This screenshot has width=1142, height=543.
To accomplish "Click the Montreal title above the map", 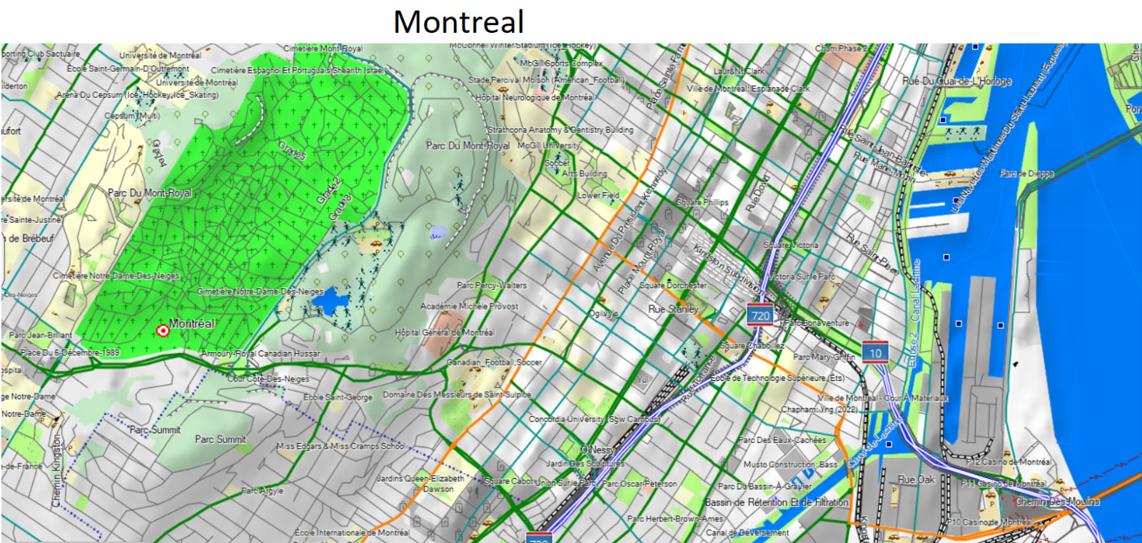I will coord(458,22).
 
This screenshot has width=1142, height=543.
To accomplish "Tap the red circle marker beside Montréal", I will coord(163,330).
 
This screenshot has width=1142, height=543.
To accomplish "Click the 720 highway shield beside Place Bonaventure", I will coord(760,315).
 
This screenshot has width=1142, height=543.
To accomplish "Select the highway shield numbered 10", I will coord(875,353).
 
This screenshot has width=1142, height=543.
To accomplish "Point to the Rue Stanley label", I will coord(673,309).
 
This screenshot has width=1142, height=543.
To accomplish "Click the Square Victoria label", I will coord(791,245).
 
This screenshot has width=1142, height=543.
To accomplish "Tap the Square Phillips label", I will coord(702,202).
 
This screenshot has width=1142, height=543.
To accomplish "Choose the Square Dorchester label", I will coord(673,285).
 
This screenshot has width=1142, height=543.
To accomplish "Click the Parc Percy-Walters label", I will coord(492,285).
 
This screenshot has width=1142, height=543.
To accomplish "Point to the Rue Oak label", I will coord(916,479).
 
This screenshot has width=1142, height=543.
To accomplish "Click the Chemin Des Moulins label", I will coord(1057,502).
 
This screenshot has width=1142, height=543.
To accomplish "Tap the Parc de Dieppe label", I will coord(1026,174).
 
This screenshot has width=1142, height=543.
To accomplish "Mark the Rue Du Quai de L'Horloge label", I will coord(956,81).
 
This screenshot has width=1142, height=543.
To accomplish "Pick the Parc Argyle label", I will coord(262,491).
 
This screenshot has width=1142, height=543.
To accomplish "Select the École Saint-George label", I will coord(338,397).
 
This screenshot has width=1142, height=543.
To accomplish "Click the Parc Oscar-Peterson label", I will coord(640,484).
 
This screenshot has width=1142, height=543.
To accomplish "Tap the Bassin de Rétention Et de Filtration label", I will coord(777,502).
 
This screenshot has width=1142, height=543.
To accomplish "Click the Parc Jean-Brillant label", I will coord(41,335).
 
